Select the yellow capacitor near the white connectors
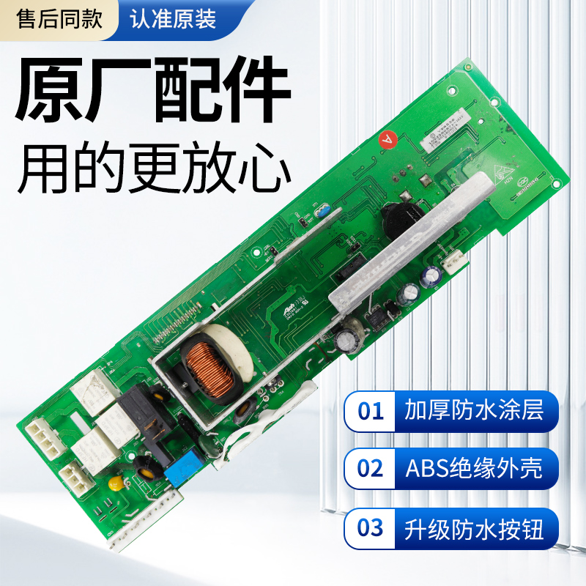pos(115,483)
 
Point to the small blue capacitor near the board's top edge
pos(320,212)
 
